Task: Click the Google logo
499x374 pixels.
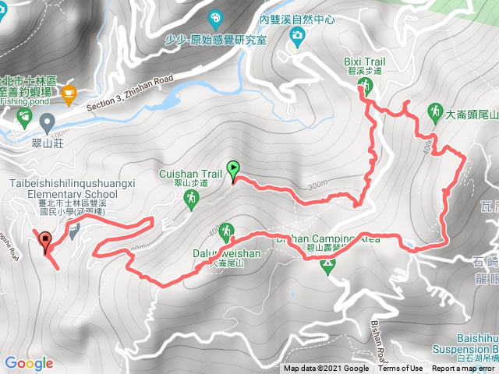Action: pyautogui.click(x=28, y=363)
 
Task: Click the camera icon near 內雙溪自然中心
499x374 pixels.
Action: pyautogui.click(x=297, y=35)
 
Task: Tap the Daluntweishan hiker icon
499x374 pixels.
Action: pyautogui.click(x=226, y=231)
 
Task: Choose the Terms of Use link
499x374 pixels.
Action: pyautogui.click(x=401, y=369)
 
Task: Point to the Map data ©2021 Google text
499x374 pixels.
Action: pyautogui.click(x=326, y=369)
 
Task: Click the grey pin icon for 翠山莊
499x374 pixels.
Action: pyautogui.click(x=48, y=121)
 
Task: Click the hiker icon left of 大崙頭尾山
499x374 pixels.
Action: pyautogui.click(x=436, y=112)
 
